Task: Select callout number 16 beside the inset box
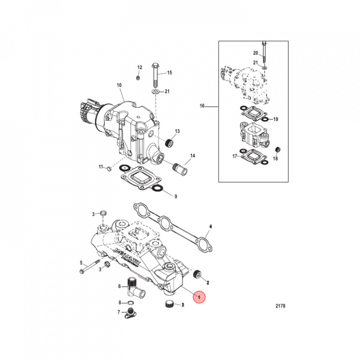tap(202, 106)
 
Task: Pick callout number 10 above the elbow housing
tap(119, 85)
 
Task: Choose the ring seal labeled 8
tap(130, 303)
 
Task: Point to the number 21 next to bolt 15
tap(167, 91)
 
